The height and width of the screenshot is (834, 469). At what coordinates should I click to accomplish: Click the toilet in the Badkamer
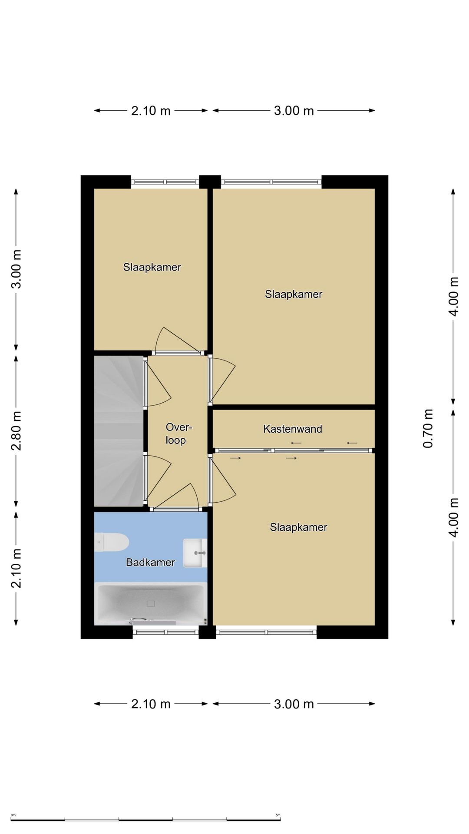pyautogui.click(x=112, y=543)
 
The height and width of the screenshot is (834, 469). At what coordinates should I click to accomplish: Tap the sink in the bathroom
pyautogui.click(x=195, y=553)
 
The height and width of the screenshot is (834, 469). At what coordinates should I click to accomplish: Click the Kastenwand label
pyautogui.click(x=293, y=429)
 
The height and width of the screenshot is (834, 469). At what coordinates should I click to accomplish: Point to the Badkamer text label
pyautogui.click(x=150, y=563)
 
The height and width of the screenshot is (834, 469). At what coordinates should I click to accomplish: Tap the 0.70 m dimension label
pyautogui.click(x=428, y=428)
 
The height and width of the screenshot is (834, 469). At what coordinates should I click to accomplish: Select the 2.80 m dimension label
pyautogui.click(x=17, y=431)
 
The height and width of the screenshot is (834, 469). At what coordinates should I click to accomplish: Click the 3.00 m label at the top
pyautogui.click(x=294, y=111)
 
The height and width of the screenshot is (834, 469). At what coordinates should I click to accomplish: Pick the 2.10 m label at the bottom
pyautogui.click(x=151, y=704)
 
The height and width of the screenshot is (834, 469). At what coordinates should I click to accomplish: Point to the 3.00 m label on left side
pyautogui.click(x=17, y=269)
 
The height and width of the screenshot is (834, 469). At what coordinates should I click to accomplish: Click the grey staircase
pyautogui.click(x=119, y=431)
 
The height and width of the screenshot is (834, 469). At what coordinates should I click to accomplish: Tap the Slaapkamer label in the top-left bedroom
pyautogui.click(x=152, y=267)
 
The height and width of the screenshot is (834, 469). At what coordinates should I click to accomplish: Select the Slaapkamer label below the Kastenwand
pyautogui.click(x=298, y=527)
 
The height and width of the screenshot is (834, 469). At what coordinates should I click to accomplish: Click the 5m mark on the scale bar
pyautogui.click(x=278, y=815)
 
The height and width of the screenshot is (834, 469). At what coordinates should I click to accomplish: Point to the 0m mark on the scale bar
pyautogui.click(x=13, y=815)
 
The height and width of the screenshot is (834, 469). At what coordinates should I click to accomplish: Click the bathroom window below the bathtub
pyautogui.click(x=165, y=632)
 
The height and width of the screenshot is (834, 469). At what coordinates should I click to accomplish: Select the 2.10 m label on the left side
pyautogui.click(x=17, y=568)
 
